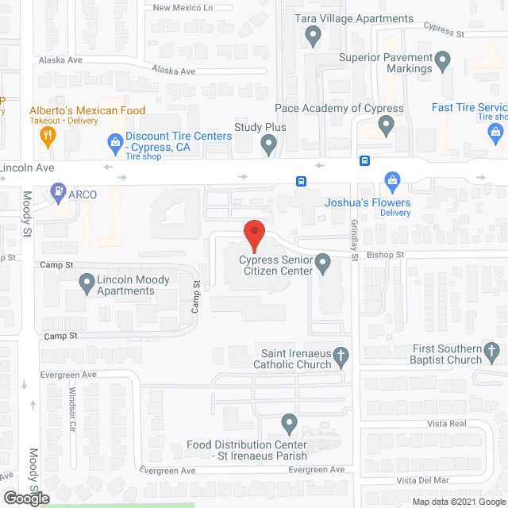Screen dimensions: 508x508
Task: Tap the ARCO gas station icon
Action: [x=58, y=191]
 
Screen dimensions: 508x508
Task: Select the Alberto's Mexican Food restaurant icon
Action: [x=47, y=135]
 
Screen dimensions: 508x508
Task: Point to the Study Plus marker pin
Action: [x=269, y=144]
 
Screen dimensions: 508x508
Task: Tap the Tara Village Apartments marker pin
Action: [x=314, y=36]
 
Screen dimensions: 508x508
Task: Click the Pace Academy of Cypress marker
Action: [x=387, y=125]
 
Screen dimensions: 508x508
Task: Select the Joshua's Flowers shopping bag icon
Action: [x=391, y=180]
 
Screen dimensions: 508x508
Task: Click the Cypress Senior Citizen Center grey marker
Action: [x=322, y=262]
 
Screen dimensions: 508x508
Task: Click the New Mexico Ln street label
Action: [x=183, y=8]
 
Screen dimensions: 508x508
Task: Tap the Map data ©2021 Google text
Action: [x=457, y=501]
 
